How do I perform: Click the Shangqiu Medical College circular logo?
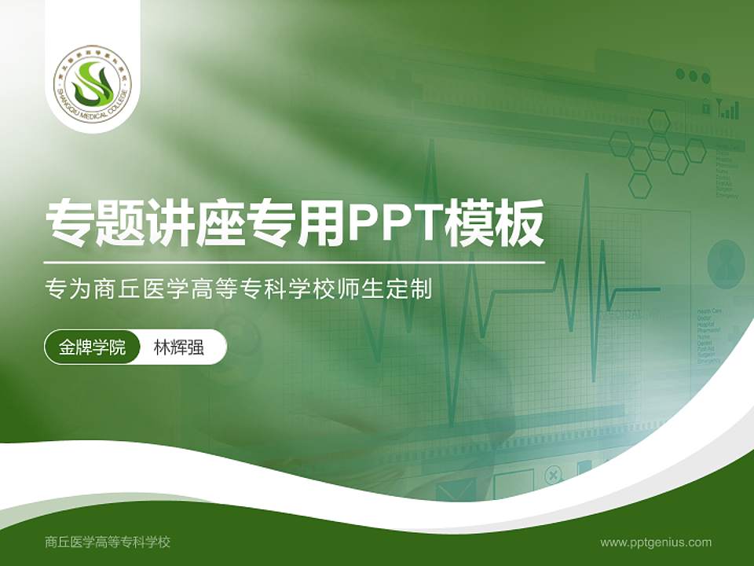[x=93, y=81]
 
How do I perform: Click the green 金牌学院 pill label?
[x=92, y=347]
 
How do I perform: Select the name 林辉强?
[x=178, y=347]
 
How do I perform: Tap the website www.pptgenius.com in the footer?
[x=656, y=542]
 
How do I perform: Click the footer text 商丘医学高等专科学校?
[x=108, y=542]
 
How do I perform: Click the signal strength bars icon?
[x=730, y=109]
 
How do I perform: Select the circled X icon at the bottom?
[x=553, y=476]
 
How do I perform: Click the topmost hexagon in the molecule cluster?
[x=659, y=121]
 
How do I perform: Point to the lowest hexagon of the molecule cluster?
[x=640, y=186]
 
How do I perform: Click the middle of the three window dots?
[x=693, y=76]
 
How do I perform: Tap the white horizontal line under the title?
[x=294, y=262]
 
